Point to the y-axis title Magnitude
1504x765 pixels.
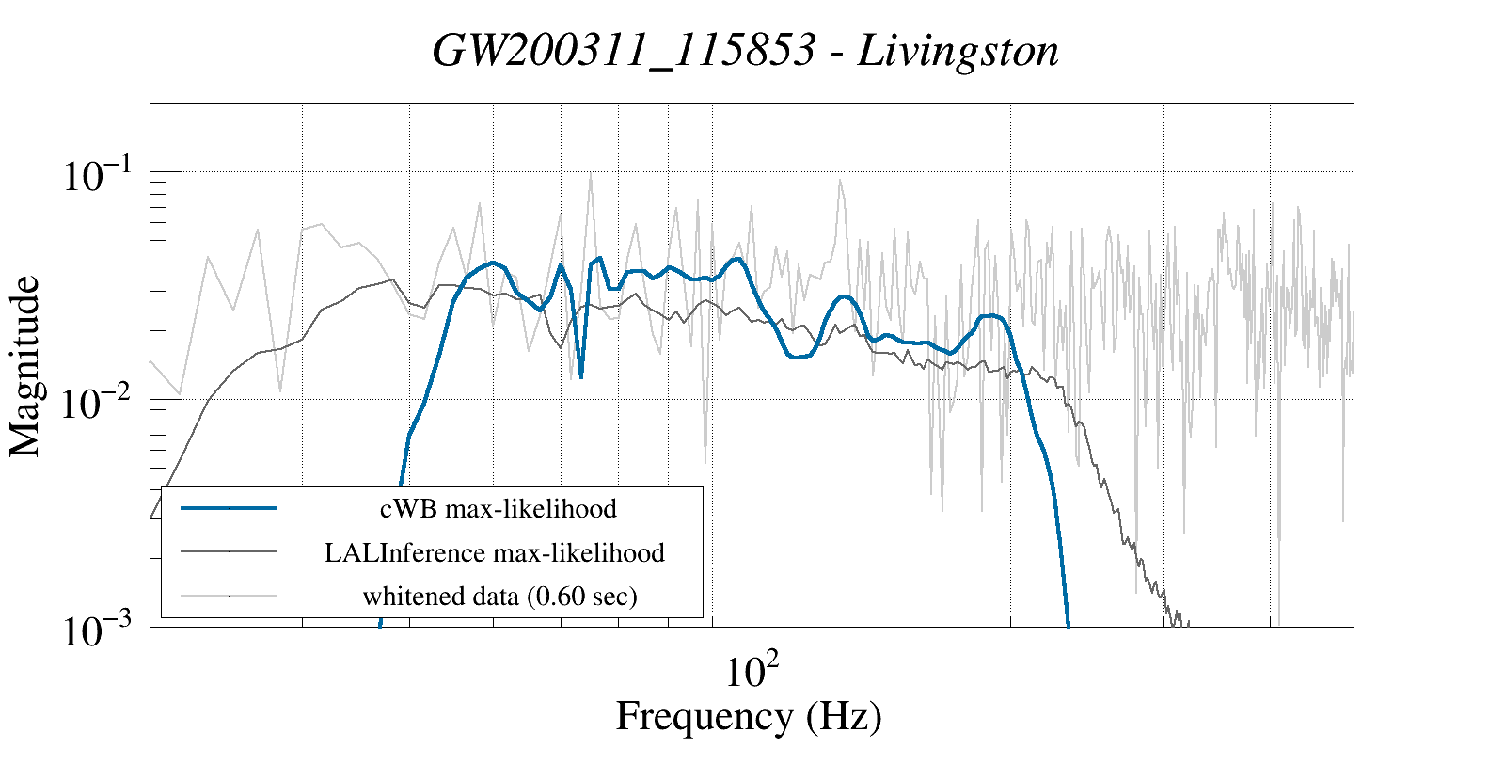tap(25, 366)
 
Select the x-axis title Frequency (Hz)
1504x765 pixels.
tap(749, 716)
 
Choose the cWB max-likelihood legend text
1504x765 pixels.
tap(499, 509)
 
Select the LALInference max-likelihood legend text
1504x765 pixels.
tap(495, 552)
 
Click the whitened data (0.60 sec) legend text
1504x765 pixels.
tap(500, 596)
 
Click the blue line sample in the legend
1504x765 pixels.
tap(229, 508)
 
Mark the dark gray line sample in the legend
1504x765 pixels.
tap(229, 551)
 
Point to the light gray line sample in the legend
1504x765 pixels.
tap(229, 595)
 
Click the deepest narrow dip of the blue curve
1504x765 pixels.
tap(581, 377)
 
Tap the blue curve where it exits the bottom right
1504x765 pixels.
tap(1068, 621)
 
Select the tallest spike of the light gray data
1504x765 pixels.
tap(590, 173)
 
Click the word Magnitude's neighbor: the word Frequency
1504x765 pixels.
tap(704, 716)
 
